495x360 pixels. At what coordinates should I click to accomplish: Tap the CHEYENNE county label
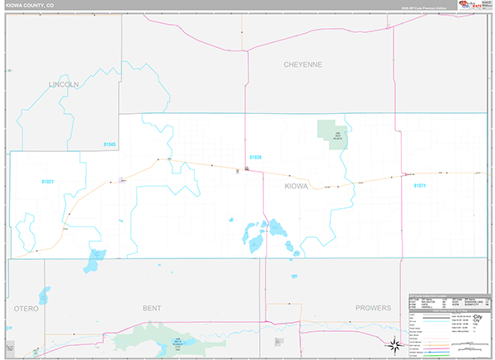[302, 64]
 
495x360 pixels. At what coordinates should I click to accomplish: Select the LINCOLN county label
[64, 84]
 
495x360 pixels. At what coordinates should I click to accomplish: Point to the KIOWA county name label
[295, 187]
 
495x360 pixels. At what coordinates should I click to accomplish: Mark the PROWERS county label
[373, 308]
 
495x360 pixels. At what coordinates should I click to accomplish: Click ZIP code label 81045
[111, 145]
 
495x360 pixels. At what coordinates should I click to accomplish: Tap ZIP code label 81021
[47, 181]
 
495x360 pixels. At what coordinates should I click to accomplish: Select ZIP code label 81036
[255, 157]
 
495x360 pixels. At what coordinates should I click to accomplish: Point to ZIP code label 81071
[420, 186]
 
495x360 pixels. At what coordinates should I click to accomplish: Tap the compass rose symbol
[395, 344]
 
